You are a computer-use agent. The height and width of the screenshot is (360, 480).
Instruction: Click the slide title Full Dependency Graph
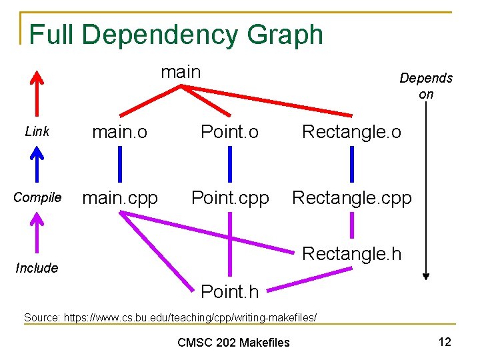(x=176, y=35)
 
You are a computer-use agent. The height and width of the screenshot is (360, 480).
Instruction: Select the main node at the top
(x=181, y=71)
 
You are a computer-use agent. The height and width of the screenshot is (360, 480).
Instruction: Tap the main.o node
(x=120, y=132)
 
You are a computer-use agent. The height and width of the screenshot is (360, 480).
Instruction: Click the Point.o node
(x=230, y=132)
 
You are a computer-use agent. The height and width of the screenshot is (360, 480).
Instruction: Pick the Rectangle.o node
(x=351, y=132)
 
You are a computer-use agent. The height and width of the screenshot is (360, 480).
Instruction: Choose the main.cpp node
(x=120, y=198)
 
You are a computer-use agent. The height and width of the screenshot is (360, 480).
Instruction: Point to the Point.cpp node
(x=230, y=198)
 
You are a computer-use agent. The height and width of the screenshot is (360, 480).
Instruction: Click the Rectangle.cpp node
(x=351, y=198)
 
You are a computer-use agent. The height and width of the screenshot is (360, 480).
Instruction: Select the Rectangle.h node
(x=351, y=253)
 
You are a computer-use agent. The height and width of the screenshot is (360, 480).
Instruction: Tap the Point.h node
(x=229, y=291)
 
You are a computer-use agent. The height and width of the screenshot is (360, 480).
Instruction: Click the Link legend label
(x=37, y=132)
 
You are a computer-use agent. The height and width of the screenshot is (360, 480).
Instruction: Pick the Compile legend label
(x=37, y=198)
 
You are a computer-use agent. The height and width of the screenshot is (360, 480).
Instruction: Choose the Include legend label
(x=37, y=268)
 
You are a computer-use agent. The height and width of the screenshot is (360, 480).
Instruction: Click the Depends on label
(x=426, y=86)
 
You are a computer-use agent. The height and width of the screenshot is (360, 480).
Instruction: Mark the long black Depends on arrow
(x=426, y=193)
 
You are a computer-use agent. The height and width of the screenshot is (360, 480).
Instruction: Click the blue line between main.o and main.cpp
(x=120, y=165)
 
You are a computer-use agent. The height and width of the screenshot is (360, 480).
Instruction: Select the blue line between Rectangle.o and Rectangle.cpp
(x=352, y=165)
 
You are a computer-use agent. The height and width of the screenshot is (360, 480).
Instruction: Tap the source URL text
(x=170, y=317)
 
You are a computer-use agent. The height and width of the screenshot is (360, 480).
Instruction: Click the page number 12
(x=445, y=342)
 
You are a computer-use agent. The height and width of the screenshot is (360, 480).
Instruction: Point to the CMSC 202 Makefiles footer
(x=233, y=343)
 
